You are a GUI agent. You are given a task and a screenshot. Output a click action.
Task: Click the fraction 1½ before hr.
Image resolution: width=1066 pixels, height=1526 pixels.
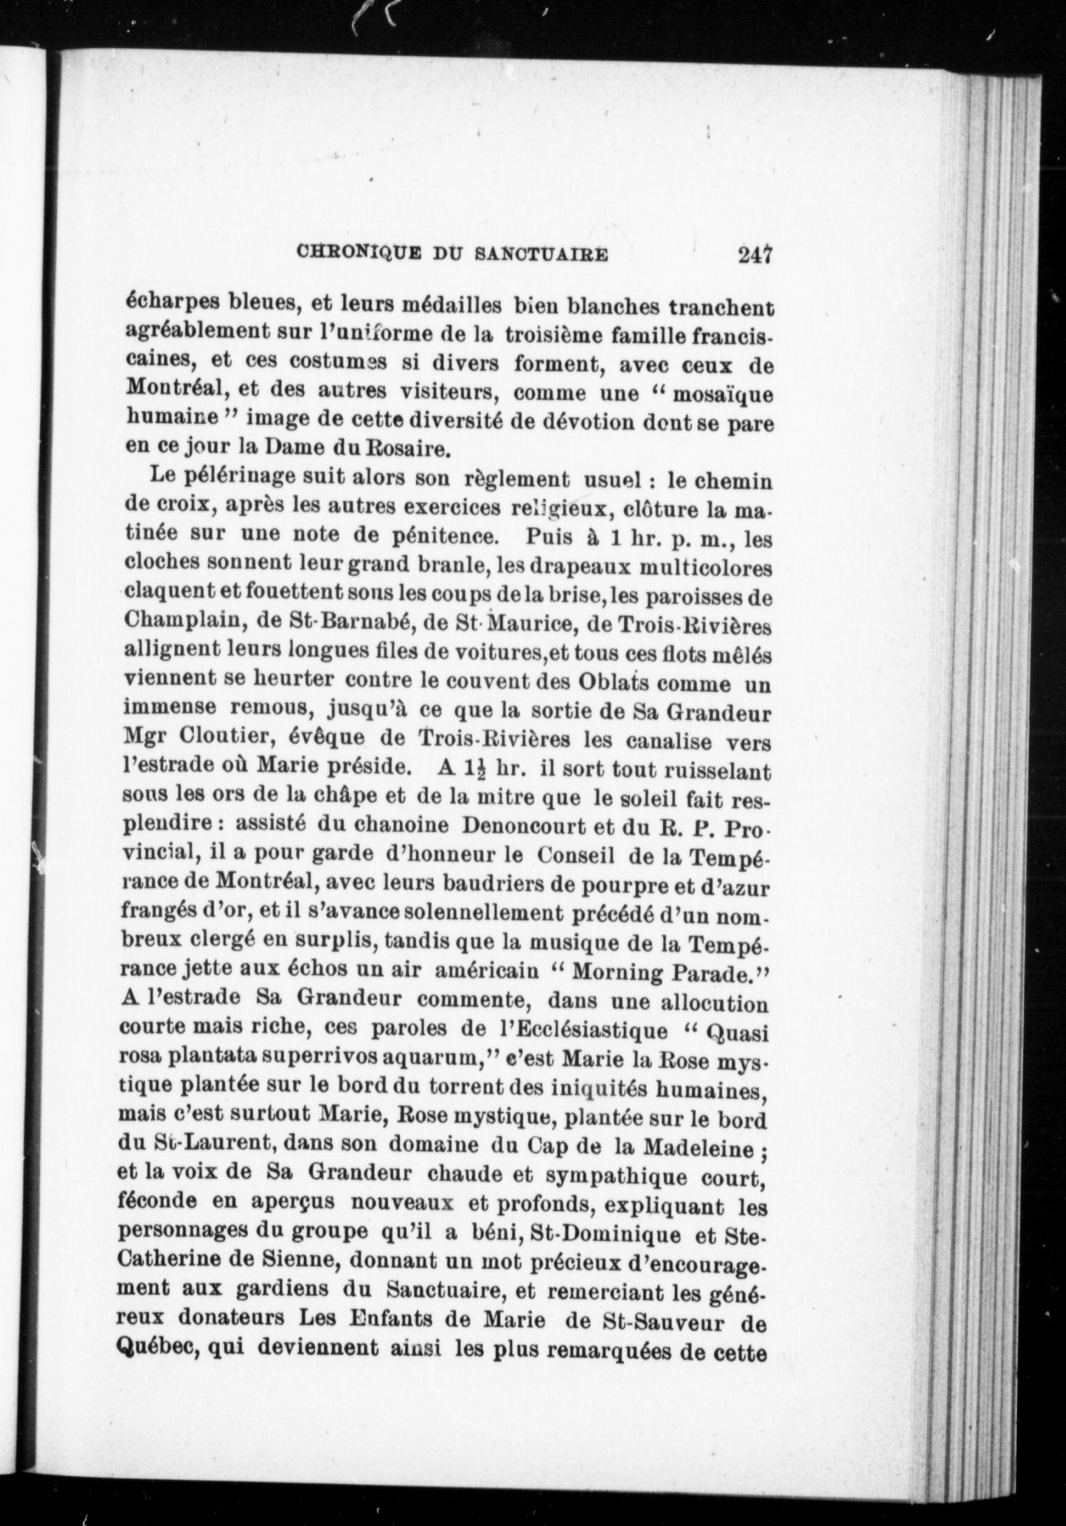(465, 771)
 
